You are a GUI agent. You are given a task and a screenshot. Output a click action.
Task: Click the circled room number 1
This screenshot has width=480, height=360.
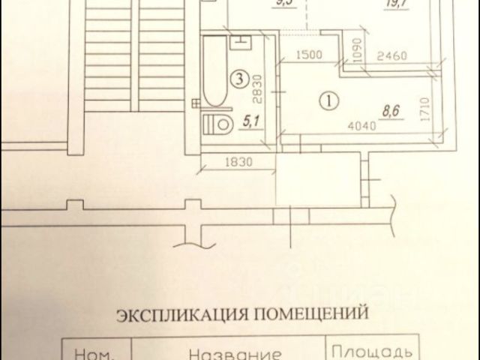click(x=328, y=97)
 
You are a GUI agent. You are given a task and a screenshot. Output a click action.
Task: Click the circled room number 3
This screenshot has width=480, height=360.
click(x=239, y=76)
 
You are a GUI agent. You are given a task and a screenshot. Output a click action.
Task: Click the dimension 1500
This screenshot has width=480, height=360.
click(x=308, y=55)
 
